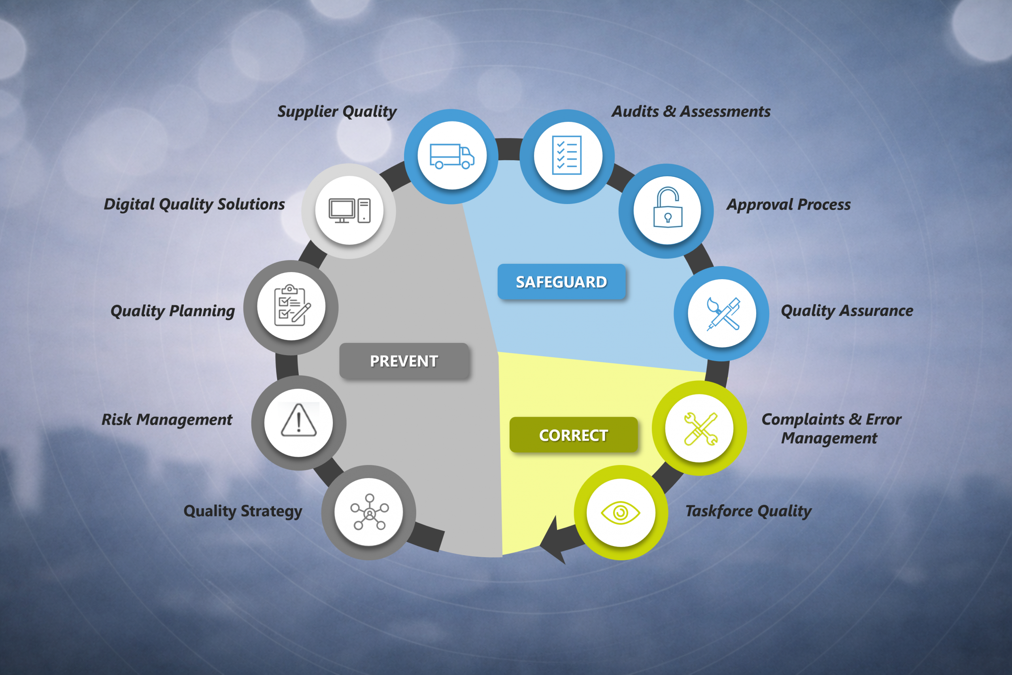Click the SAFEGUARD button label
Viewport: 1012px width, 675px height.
point(561,282)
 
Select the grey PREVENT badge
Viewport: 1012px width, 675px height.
point(404,361)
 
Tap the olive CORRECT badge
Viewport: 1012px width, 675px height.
point(574,435)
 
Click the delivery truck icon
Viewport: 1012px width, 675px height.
point(452,156)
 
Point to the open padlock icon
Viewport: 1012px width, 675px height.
point(667,207)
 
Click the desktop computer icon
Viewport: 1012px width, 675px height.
point(349,210)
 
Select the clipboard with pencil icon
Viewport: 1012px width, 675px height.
point(292,305)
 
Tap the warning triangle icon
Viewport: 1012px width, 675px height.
point(298,420)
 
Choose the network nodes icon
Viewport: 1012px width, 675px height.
point(369,512)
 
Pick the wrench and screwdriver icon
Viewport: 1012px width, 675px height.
point(700,429)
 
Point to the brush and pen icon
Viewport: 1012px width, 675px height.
point(723,314)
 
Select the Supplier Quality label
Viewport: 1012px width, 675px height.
point(337,112)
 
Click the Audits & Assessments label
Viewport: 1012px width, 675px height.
point(691,112)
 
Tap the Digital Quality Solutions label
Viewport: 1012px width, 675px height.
point(194,204)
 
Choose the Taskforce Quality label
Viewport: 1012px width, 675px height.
point(748,511)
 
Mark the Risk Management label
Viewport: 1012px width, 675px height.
point(166,420)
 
